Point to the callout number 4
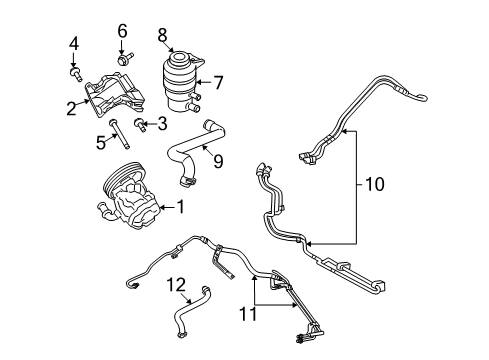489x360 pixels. [x=73, y=43]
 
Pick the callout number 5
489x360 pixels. [x=100, y=143]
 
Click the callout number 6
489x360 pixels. [x=123, y=31]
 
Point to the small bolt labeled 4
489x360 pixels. [x=75, y=72]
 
